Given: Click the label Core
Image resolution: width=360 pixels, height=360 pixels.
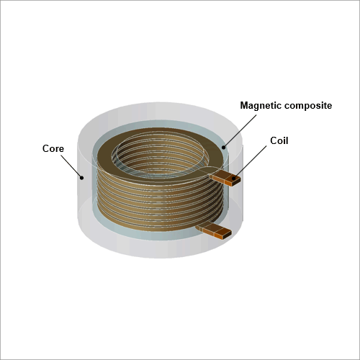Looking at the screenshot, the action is pos(53,148).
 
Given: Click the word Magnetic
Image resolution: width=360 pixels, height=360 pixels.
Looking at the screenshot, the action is pos(260,106).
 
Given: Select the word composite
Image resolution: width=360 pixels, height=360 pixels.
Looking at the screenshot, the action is pos(307,106).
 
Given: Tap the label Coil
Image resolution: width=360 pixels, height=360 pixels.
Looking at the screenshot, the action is pos(279,140).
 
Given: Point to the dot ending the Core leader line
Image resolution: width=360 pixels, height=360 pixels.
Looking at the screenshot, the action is pos(82,178).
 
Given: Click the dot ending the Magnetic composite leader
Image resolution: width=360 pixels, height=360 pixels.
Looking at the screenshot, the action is pos(224,148).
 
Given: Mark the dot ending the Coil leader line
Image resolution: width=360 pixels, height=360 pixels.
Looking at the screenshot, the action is pos(233,179).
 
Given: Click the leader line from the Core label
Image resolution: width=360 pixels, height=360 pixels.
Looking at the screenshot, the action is pos(71,166).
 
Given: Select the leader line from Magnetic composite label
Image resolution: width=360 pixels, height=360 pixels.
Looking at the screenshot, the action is pos(240,131).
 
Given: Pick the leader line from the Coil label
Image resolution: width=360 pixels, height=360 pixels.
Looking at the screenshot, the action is pos(250,162).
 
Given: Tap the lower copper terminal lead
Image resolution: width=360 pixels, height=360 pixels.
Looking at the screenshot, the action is pos(214,230).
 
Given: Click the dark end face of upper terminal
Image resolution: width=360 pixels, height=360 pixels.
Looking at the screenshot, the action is pos(236,181).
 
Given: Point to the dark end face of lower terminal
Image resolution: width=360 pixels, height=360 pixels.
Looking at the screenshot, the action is pos(227,235).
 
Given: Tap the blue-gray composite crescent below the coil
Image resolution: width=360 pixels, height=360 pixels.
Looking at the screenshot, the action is pos(153,235).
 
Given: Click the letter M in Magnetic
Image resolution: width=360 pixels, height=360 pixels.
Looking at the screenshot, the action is pos(244,105).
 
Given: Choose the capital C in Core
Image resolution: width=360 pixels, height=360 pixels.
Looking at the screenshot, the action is pos(46,148).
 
